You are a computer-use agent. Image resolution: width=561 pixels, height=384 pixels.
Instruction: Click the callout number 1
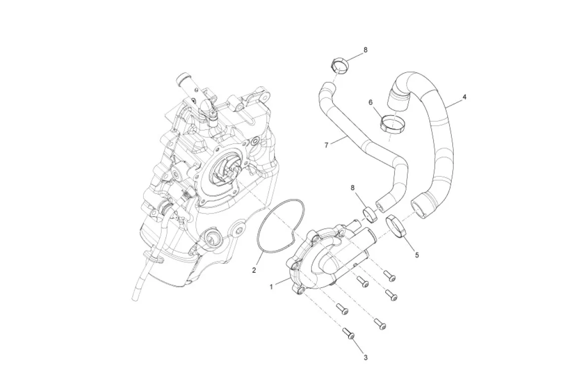[271, 287]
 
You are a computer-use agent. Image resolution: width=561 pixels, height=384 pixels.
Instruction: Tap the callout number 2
[254, 270]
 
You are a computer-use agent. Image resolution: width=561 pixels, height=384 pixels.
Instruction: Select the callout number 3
[365, 357]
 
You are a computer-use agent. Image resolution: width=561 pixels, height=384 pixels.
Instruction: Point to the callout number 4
[464, 97]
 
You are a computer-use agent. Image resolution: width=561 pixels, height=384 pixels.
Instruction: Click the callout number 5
[417, 255]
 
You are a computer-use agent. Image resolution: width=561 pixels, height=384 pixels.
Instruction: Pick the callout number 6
[371, 102]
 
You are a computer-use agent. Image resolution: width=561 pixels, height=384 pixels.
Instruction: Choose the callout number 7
[326, 145]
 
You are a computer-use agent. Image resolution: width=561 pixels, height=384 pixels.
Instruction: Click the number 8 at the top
[365, 50]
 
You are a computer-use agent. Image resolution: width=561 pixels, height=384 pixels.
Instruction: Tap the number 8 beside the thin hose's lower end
[353, 187]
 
